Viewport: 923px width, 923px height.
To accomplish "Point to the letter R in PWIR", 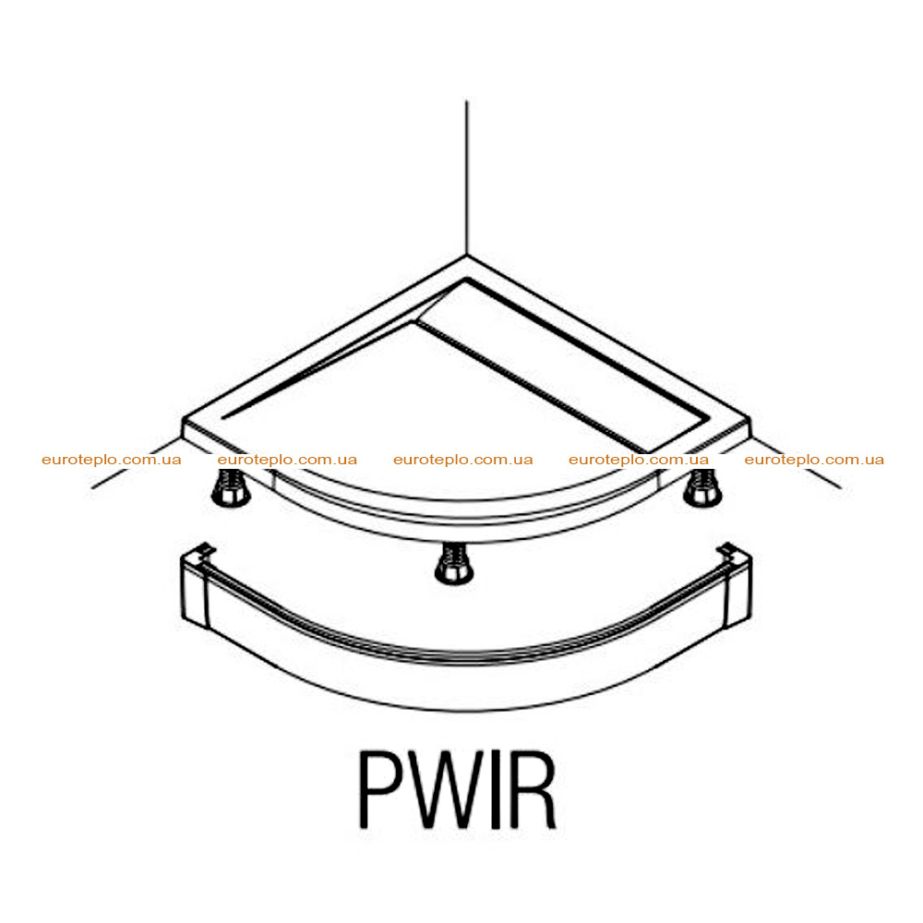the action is coord(533,789).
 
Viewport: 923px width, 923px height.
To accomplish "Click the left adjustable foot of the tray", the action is coord(231,487).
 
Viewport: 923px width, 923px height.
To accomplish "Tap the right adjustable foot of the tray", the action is coord(702,487).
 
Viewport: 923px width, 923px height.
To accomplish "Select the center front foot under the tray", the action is coord(454,563).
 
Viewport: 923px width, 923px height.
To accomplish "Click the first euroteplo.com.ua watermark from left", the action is coord(112,460).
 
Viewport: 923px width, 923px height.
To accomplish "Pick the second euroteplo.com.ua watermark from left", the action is coord(287,460).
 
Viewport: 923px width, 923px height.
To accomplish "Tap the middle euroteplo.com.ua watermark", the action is coord(462,460).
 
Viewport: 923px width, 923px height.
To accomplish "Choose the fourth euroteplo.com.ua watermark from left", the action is coord(639,460).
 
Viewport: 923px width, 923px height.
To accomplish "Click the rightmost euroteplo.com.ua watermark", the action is coord(814,460).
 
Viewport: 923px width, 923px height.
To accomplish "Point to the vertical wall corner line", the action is coord(467,178).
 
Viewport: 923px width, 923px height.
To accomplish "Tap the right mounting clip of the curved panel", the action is coord(727,550).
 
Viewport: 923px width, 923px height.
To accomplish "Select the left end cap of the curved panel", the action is coord(194,589).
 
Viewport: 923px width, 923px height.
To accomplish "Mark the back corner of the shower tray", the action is coord(467,258).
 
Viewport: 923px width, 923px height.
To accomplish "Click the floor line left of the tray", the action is coord(136,463).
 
